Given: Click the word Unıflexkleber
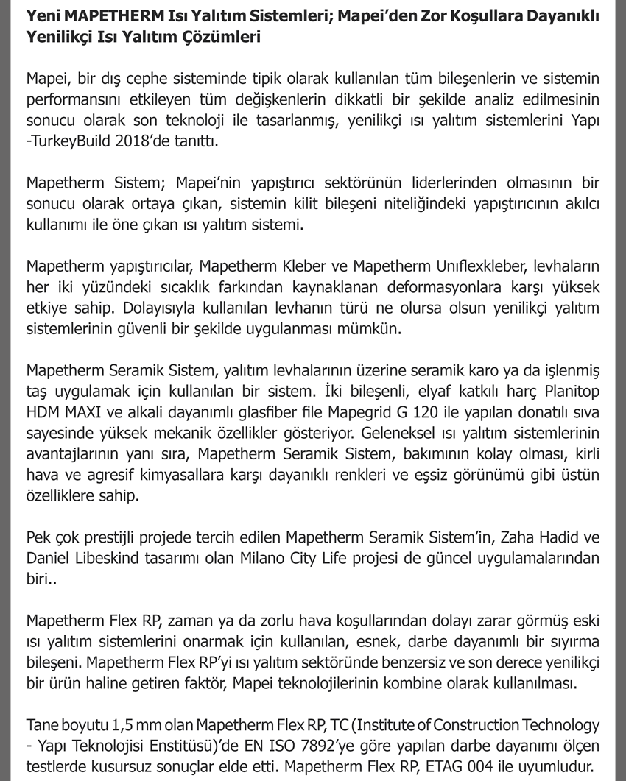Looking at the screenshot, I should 458,266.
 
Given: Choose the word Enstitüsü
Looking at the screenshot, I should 152,746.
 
